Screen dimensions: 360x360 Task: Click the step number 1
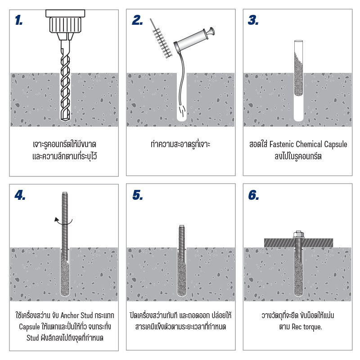click(x=18, y=20)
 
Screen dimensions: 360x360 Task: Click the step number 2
click(x=137, y=20)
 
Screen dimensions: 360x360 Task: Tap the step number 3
click(x=253, y=20)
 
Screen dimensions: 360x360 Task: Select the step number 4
click(x=20, y=195)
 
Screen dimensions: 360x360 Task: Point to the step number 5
click(x=138, y=195)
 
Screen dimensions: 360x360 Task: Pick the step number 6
click(x=253, y=195)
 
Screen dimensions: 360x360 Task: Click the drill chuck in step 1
click(x=65, y=25)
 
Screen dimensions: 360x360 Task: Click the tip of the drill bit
click(x=65, y=119)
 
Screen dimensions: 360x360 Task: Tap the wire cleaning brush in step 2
click(x=161, y=39)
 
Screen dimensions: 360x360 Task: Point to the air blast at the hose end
click(x=182, y=110)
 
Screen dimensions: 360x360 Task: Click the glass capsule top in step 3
click(x=299, y=42)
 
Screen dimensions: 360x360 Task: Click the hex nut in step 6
click(x=299, y=234)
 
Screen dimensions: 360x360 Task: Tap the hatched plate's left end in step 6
click(x=265, y=243)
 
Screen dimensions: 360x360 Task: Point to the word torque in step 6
click(x=313, y=327)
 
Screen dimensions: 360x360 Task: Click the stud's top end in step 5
click(x=182, y=226)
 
